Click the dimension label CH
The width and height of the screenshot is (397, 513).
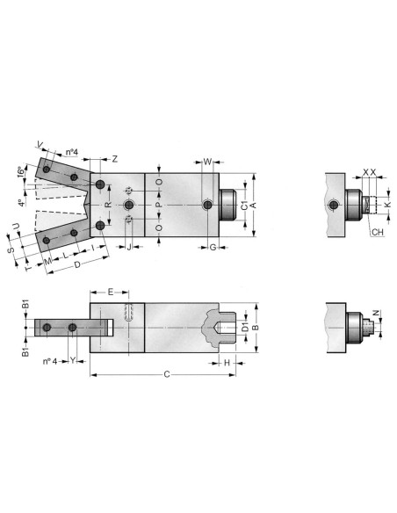[x=377, y=232]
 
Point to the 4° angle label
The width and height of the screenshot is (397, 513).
[x=22, y=203]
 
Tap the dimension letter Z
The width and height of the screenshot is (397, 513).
[x=114, y=159]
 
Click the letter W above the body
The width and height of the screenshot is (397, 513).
[x=207, y=162]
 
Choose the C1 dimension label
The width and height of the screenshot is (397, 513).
[x=244, y=206]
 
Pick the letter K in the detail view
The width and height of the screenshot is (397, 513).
[x=387, y=205]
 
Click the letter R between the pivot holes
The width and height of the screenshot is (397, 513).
[x=108, y=205]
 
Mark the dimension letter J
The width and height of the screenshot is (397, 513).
[x=129, y=247]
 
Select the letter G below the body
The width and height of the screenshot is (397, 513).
[x=213, y=247]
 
